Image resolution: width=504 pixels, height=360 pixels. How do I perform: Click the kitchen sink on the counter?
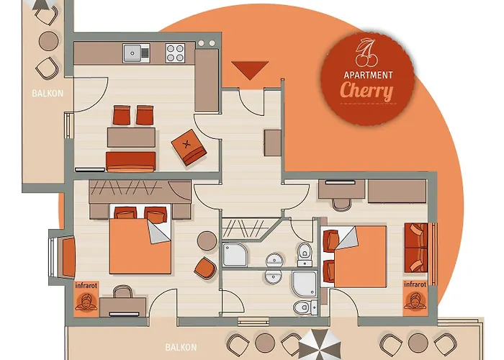click(x=135, y=53)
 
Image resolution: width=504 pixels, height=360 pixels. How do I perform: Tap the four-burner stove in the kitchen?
click(x=176, y=53)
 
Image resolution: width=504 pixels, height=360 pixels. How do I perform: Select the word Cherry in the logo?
click(x=366, y=91)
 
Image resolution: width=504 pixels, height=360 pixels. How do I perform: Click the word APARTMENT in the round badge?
click(x=367, y=75)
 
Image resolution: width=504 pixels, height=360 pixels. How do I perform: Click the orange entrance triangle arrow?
click(x=250, y=70)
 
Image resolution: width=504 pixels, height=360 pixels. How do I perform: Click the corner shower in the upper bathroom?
click(x=235, y=254)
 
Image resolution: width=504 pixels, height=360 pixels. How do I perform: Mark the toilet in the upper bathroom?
click(x=305, y=251)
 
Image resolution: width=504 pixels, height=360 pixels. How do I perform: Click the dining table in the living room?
click(x=131, y=137)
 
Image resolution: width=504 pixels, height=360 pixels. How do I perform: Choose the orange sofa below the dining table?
click(x=131, y=161)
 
